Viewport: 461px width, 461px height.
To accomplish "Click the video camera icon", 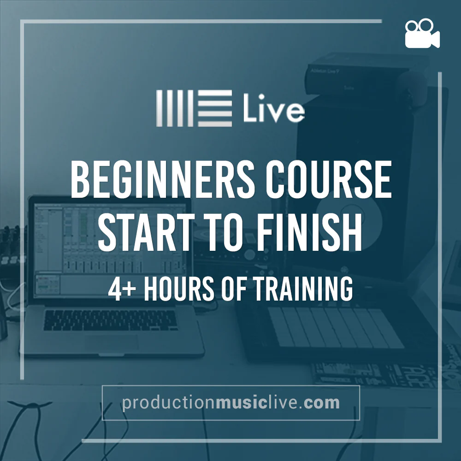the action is click(422, 33).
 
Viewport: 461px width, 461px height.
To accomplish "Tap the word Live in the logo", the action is click(274, 108).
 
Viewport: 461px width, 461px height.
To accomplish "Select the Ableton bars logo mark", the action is click(194, 108).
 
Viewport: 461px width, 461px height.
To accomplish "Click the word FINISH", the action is click(310, 232).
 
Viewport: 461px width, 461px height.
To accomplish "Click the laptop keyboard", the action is click(111, 320).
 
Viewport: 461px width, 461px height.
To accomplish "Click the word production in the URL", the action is click(169, 403).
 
